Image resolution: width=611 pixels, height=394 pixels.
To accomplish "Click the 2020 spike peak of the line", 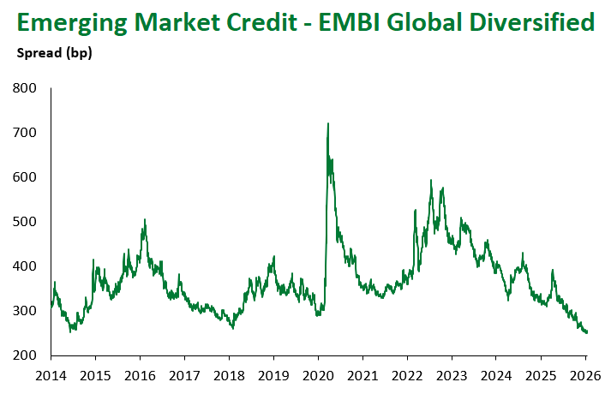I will [328, 124].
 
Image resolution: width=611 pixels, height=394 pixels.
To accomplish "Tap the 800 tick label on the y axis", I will [25, 88].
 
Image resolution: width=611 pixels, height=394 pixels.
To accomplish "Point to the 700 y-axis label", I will [25, 133].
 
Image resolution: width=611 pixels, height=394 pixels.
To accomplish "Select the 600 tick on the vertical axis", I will [25, 177].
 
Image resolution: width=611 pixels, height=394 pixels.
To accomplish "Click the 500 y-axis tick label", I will [25, 222].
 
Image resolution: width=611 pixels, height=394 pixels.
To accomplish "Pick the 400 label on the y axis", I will [25, 266].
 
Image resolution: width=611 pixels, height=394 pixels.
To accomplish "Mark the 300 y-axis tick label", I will [25, 311].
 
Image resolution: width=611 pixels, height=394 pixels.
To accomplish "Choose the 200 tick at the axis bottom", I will [25, 355].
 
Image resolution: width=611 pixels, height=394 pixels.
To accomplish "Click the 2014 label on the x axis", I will [51, 374].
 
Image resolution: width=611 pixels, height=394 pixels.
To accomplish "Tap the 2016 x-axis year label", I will [140, 374].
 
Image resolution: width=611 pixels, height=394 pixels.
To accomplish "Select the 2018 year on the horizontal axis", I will [229, 374].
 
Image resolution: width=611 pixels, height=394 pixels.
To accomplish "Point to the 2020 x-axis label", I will [318, 374].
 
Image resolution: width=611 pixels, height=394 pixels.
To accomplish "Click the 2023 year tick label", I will [452, 374].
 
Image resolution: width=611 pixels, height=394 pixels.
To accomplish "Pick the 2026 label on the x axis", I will [585, 374].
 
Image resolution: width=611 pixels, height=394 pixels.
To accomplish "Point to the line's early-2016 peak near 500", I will [145, 220].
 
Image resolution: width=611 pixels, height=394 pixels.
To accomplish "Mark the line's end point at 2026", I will [586, 333].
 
